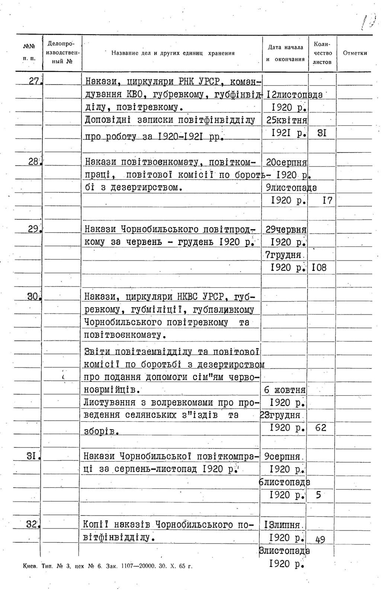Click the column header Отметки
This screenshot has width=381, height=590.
355,53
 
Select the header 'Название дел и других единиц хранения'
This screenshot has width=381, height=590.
173,53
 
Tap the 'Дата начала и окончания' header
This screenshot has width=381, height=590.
285,53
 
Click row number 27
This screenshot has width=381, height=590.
35,81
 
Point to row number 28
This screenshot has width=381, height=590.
34,162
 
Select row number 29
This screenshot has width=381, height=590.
34,229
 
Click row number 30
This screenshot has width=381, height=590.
33,296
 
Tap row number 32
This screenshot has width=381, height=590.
32,524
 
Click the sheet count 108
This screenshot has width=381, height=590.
319,267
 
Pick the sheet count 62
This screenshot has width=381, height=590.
320,428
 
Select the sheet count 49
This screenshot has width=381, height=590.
320,539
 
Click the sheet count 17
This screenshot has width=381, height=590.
327,201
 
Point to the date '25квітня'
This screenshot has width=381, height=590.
287,120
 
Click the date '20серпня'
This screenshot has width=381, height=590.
286,163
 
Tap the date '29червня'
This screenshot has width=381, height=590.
286,230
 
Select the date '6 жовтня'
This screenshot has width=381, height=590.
285,390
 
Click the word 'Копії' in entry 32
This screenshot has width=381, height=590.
95,524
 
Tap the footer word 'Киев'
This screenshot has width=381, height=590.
29,567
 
